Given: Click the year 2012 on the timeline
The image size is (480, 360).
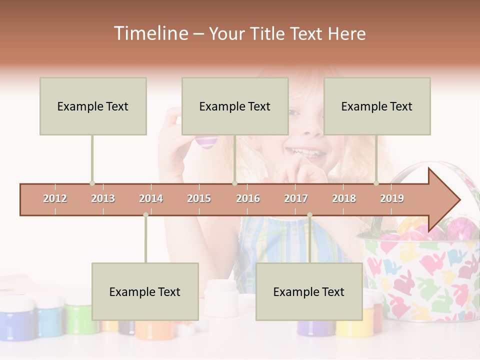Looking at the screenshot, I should [55, 199].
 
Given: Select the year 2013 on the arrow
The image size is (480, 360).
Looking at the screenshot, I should [103, 199].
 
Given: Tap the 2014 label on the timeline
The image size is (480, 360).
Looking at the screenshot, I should [151, 199].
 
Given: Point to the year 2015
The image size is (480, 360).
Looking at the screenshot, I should [199, 199].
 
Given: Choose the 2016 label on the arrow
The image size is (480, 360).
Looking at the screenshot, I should [248, 199].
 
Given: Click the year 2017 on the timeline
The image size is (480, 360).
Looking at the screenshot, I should [296, 199].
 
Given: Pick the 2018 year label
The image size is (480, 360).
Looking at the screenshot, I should [344, 199].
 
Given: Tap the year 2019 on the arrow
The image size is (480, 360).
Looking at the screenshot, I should [392, 199].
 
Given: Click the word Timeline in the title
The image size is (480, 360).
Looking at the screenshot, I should [150, 33].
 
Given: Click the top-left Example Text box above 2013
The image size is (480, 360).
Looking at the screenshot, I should [93, 106].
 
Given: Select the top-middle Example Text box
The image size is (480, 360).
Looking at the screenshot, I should [235, 106].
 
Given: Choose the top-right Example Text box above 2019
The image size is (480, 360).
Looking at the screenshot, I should [377, 106].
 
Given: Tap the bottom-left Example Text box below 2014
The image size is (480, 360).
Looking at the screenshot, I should [145, 291].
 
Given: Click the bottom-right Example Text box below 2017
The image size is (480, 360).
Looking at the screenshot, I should [309, 291].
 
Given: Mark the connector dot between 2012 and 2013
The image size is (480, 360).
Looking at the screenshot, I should [92, 183].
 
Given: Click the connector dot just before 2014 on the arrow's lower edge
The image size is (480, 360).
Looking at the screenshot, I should [145, 215].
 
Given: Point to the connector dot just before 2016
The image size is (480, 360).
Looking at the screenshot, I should [234, 183].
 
